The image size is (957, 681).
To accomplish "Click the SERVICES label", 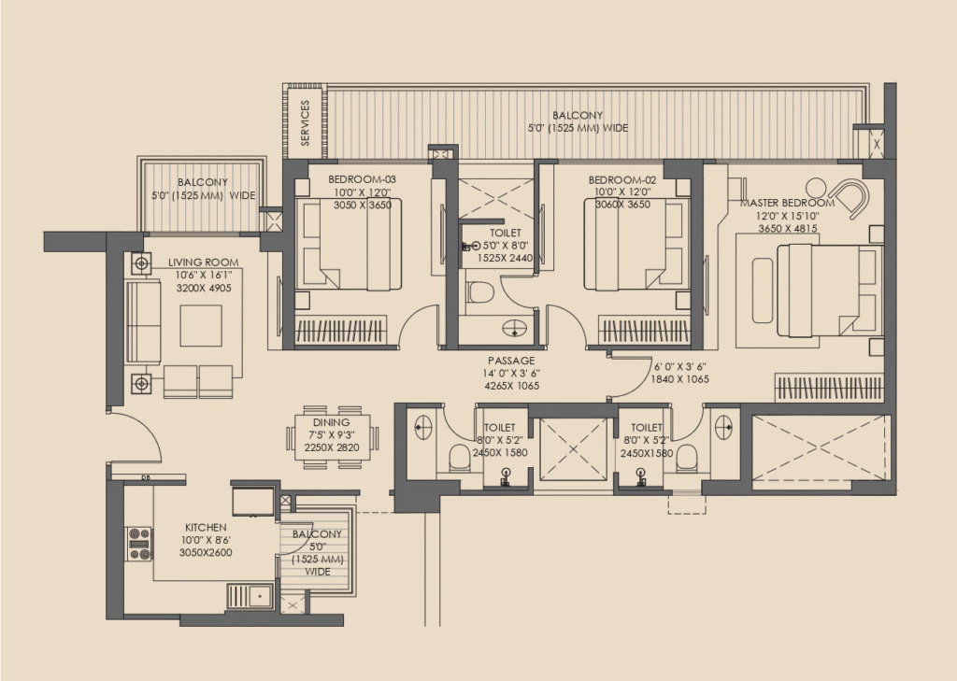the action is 306,122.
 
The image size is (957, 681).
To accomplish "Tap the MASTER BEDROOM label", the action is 787,203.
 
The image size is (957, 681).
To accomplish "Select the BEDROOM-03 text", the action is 362,179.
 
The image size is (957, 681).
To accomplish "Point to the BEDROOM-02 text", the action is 622,180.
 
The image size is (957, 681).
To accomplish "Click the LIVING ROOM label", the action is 203,262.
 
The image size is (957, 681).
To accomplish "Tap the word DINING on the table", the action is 332,422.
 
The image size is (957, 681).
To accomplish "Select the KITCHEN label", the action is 206,527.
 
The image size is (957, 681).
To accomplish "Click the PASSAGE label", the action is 511,361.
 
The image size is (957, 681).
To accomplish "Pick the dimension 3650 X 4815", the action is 787,228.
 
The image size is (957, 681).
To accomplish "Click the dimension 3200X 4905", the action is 204,288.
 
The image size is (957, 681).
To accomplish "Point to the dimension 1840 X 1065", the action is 680,379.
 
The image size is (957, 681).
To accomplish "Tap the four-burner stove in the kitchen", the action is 138,544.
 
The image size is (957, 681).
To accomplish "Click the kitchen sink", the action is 250,596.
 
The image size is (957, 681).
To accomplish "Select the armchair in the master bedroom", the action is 850,196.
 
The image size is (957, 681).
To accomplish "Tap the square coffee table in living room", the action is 201,326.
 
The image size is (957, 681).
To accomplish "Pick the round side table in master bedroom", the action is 815,188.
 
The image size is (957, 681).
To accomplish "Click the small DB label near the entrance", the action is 146,477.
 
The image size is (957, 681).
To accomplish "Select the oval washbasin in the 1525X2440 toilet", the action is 515,328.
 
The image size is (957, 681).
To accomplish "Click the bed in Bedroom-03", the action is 348,244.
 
